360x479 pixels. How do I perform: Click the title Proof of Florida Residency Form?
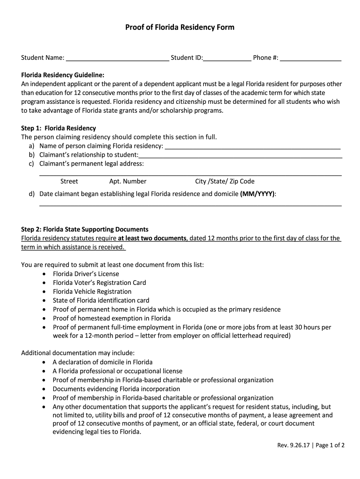pyautogui.click(x=180, y=28)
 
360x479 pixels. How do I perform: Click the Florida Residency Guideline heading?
pyautogui.click(x=63, y=75)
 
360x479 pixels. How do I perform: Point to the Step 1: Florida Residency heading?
pyautogui.click(x=58, y=128)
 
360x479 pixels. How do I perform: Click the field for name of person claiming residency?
pyautogui.click(x=252, y=147)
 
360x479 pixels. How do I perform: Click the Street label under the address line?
pyautogui.click(x=69, y=181)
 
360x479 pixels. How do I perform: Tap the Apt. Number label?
pyautogui.click(x=128, y=181)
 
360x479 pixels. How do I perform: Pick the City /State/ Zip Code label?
pyautogui.click(x=225, y=181)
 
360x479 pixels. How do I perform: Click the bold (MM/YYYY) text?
pyautogui.click(x=258, y=194)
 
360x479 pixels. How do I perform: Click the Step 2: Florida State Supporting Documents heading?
pyautogui.click(x=85, y=229)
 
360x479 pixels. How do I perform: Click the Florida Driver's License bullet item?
pyautogui.click(x=86, y=274)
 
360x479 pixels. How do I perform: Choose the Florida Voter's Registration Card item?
pyautogui.click(x=99, y=283)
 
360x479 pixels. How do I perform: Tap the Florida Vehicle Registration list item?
pyautogui.click(x=92, y=291)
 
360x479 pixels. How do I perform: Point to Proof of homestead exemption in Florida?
pyautogui.click(x=105, y=318)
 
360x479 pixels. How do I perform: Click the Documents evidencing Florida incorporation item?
pyautogui.click(x=116, y=389)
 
